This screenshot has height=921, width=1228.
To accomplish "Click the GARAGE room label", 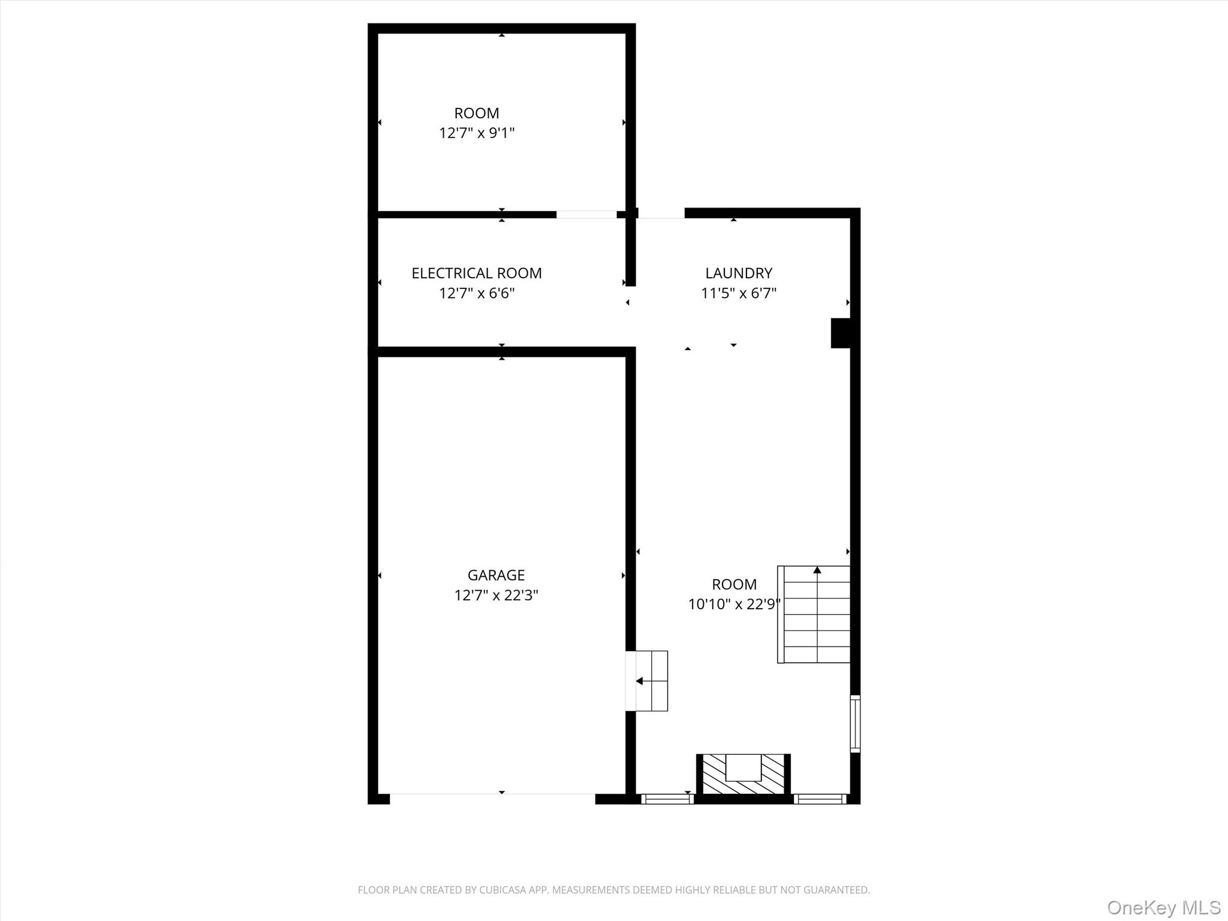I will click(x=496, y=575).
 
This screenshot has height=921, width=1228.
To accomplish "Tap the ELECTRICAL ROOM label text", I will click(x=477, y=273).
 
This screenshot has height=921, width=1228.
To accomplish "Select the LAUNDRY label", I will click(x=739, y=273).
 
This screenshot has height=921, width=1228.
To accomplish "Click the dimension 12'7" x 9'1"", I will click(x=477, y=133).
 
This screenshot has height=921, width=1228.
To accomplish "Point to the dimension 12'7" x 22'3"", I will click(x=496, y=595).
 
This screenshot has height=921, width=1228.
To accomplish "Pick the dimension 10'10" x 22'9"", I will click(x=734, y=604).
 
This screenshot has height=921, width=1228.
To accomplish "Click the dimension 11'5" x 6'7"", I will click(x=739, y=293).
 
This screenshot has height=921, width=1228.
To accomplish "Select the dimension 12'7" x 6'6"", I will click(x=477, y=293).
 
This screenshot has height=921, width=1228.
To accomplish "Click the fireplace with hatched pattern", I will click(x=744, y=773).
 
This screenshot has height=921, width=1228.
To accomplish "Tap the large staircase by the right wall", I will click(x=814, y=615).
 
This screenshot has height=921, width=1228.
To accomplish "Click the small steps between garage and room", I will click(x=648, y=681).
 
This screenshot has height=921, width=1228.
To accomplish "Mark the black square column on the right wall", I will click(x=841, y=333).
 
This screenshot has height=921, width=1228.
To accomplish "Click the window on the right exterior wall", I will click(x=855, y=724).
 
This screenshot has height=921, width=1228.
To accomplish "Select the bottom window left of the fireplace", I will click(x=667, y=799).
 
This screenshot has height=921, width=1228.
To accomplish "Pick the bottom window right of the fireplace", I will click(x=820, y=799).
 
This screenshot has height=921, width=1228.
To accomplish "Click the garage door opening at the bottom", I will click(x=492, y=798).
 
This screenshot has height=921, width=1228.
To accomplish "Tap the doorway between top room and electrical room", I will click(x=586, y=214).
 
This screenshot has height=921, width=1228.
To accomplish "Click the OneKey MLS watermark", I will click(x=1163, y=908).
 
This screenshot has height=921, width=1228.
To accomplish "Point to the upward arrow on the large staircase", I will click(x=817, y=570).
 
